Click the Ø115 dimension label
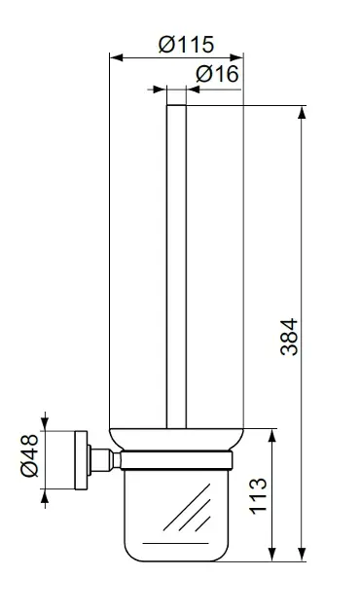pyautogui.click(x=187, y=44)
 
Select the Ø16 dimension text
pyautogui.click(x=217, y=74)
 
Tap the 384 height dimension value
pyautogui.click(x=289, y=337)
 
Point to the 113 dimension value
pyautogui.click(x=258, y=495)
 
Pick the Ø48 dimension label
pyautogui.click(x=30, y=455)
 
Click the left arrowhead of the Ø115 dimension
pyautogui.click(x=116, y=57)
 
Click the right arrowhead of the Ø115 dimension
pyautogui.click(x=236, y=57)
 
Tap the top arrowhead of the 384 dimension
pyautogui.click(x=302, y=112)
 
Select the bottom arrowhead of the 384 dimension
pyautogui.click(x=302, y=555)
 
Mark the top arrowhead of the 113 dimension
pyautogui.click(x=272, y=436)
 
